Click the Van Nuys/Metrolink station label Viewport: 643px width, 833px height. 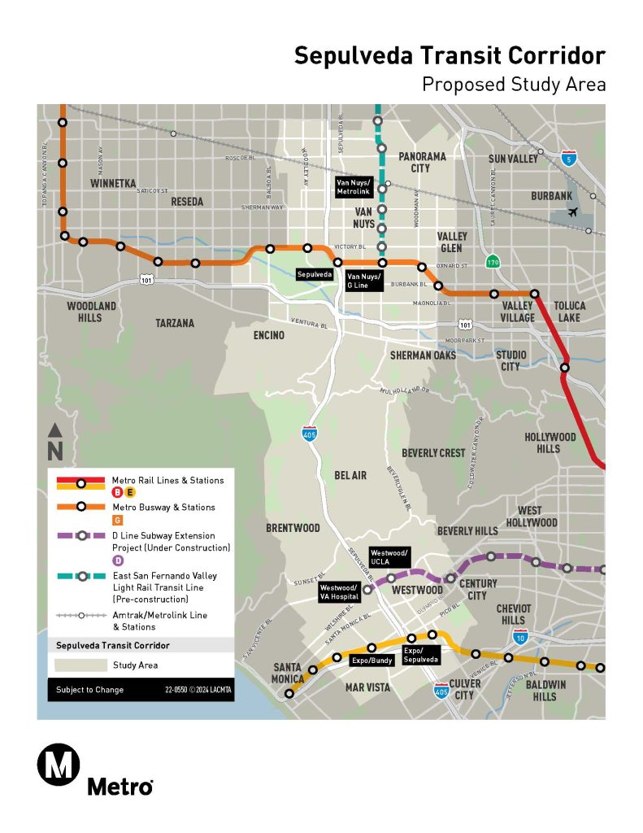click(354, 186)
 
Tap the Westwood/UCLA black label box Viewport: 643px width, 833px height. click(389, 557)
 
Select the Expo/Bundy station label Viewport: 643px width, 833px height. click(371, 661)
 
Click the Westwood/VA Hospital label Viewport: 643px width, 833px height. click(339, 591)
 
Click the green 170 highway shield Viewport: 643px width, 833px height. click(492, 262)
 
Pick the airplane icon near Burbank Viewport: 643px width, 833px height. click(575, 212)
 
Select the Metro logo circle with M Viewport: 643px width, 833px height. click(59, 765)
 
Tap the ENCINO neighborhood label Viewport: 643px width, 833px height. click(269, 335)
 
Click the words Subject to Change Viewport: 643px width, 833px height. click(89, 690)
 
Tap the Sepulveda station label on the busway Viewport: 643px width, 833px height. click(315, 275)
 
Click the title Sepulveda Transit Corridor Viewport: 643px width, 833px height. click(450, 55)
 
